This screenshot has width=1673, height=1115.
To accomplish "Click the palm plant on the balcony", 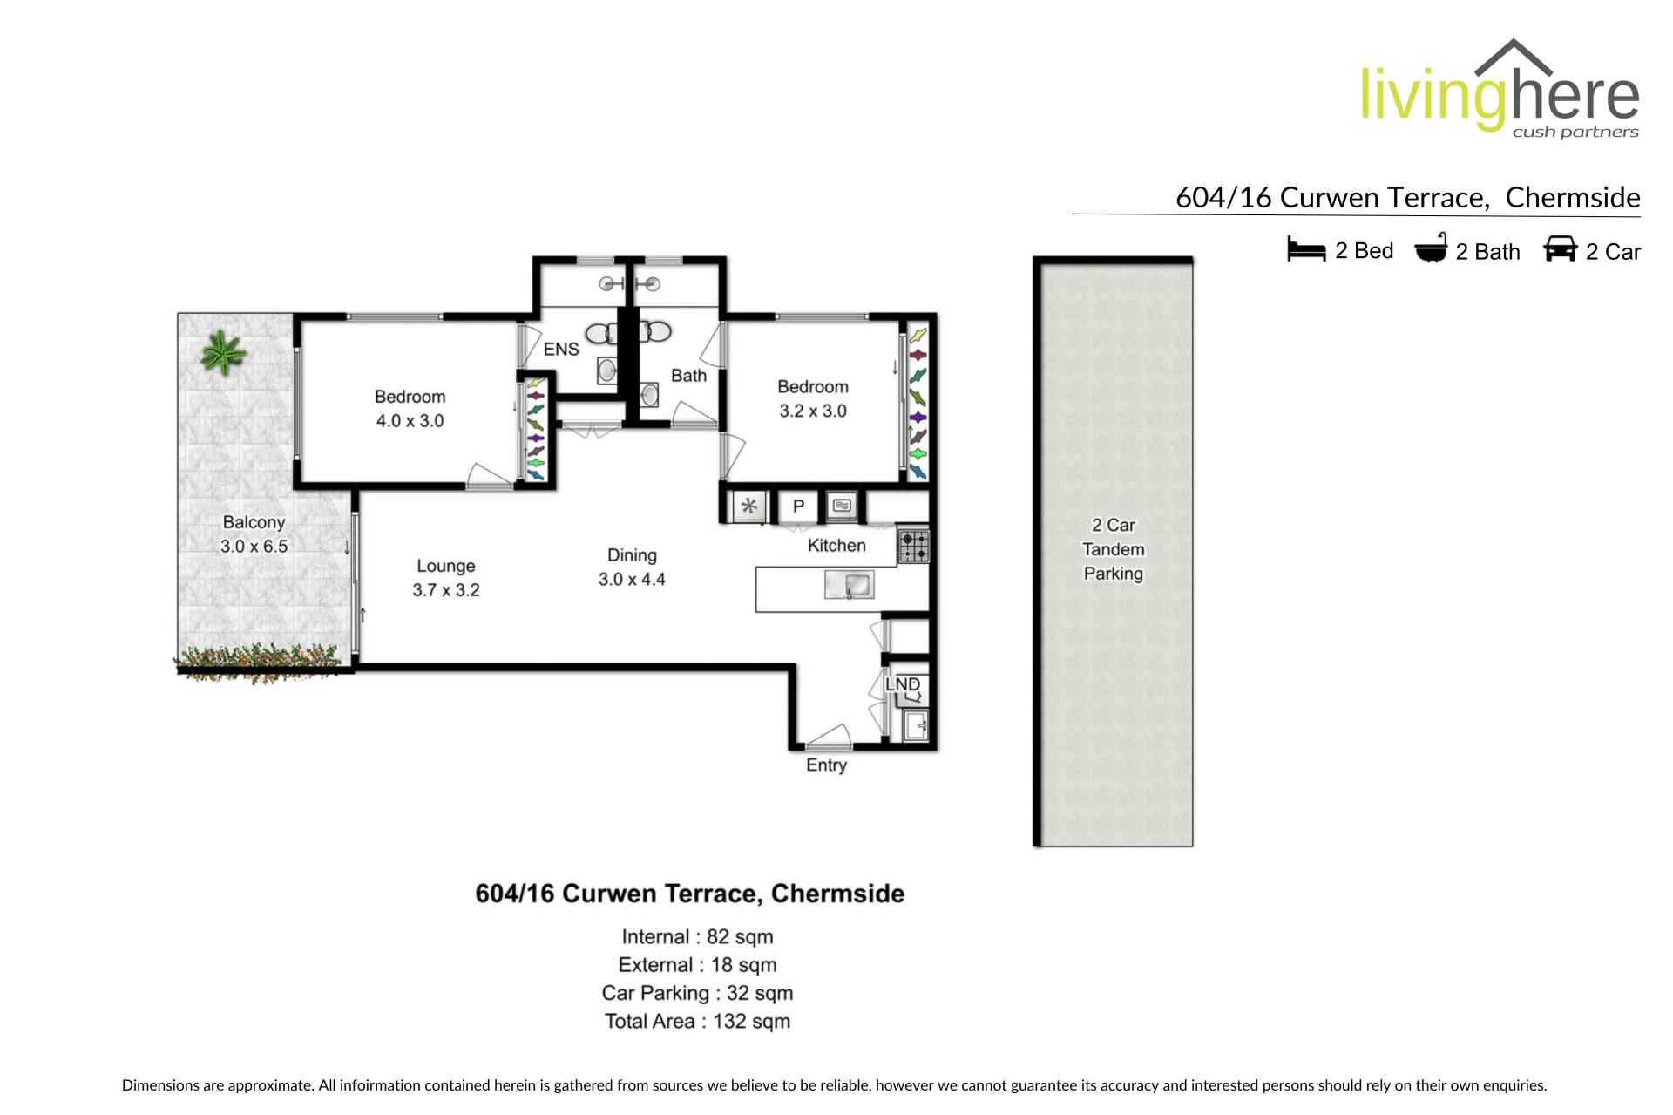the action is [x=223, y=353].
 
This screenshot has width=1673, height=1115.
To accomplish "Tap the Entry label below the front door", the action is [x=826, y=765].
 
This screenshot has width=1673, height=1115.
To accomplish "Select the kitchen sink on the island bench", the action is [x=849, y=585].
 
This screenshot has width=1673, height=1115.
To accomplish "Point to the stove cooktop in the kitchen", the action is [x=913, y=547].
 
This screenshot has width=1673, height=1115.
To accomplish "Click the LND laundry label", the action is [x=903, y=684].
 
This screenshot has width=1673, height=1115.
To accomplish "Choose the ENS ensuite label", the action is [x=561, y=350].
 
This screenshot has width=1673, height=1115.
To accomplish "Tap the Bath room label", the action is [x=688, y=376].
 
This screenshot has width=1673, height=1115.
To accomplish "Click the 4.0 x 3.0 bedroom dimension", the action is [x=410, y=421].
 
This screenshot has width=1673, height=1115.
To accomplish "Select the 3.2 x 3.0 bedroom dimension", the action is [x=813, y=411].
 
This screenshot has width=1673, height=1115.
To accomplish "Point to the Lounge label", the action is [x=446, y=567].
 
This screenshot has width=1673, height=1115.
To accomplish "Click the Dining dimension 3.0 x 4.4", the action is [x=632, y=580].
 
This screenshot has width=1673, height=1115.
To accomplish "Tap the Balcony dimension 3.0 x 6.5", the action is [x=254, y=547].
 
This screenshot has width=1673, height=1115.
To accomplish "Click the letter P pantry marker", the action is [x=798, y=506].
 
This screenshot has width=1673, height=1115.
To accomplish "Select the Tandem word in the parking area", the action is [x=1114, y=549].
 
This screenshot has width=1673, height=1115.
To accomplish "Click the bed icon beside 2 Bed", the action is [x=1306, y=249].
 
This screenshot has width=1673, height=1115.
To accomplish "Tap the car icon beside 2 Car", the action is [x=1561, y=248].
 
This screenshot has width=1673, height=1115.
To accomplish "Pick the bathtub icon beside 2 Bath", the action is [x=1431, y=248].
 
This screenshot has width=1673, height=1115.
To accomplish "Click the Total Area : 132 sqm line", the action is [x=697, y=1022].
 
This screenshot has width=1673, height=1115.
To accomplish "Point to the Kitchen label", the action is [x=836, y=546].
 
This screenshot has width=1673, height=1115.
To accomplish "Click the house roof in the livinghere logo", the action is [x=1514, y=57].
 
